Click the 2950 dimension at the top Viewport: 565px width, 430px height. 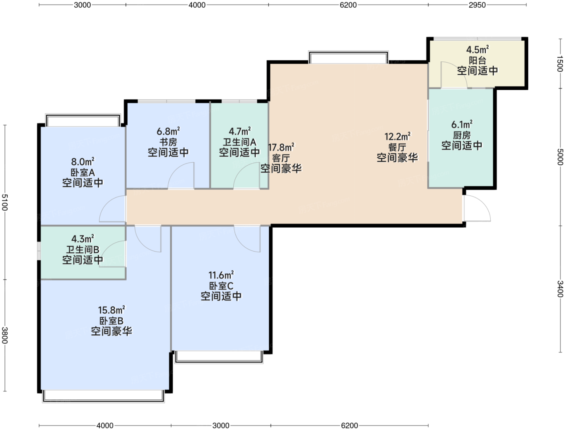477,5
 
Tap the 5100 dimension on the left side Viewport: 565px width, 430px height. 5,202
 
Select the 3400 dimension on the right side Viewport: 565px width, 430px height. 560,289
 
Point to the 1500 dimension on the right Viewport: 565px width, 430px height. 560,64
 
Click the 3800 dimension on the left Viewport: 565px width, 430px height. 5,335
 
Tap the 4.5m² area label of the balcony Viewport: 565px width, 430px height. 477,50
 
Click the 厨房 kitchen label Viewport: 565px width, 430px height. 462,135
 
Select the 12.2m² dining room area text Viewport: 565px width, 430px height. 398,136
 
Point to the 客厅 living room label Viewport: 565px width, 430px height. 281,158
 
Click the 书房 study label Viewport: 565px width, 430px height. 168,142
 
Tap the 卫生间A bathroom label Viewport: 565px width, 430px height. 239,142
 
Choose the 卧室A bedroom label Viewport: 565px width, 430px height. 83,172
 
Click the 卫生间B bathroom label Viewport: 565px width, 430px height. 83,250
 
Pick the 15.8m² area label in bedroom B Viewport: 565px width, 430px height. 111,310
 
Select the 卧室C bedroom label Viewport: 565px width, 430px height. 221,286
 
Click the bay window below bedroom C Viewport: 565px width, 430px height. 219,357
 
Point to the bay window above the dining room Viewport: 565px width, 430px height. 349,57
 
